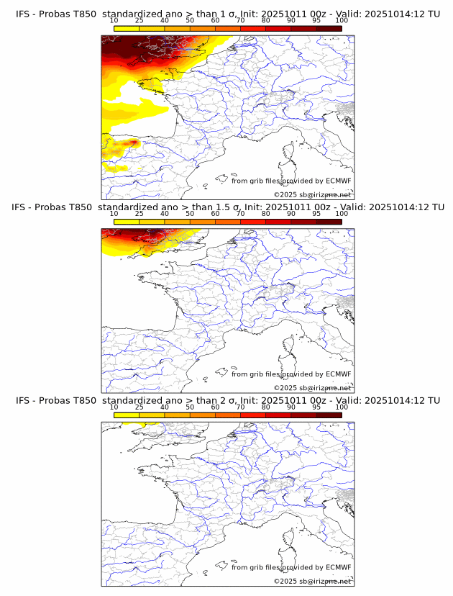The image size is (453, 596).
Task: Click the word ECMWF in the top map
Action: pyautogui.click(x=338, y=181)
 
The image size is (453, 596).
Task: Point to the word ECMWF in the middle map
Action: pyautogui.click(x=338, y=374)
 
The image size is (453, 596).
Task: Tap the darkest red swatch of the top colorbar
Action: pyautogui.click(x=329, y=27)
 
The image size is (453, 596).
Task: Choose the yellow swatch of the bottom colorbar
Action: pyautogui.click(x=127, y=415)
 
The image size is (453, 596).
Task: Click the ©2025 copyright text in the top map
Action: pyautogui.click(x=284, y=194)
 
